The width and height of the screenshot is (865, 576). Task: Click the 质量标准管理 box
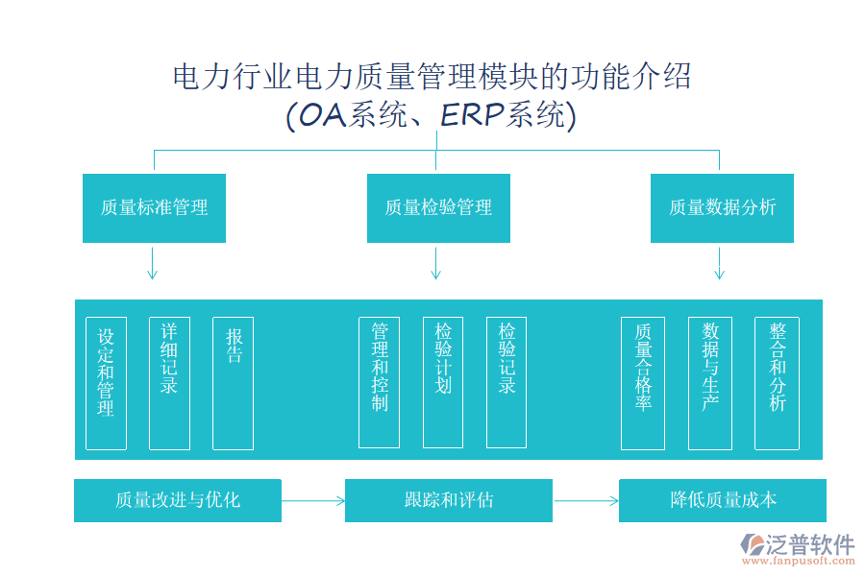pyautogui.click(x=154, y=207)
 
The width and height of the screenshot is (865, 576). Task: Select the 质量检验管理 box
pyautogui.click(x=438, y=207)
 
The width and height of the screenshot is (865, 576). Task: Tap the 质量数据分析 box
pyautogui.click(x=722, y=207)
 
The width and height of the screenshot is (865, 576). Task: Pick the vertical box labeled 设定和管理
pyautogui.click(x=106, y=383)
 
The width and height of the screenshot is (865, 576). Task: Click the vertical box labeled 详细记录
pyautogui.click(x=169, y=383)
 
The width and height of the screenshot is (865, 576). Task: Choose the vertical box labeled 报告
pyautogui.click(x=233, y=383)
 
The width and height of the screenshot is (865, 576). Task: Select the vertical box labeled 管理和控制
pyautogui.click(x=379, y=383)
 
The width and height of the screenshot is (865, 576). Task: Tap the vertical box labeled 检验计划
pyautogui.click(x=442, y=383)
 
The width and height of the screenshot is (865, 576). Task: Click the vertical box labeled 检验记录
pyautogui.click(x=507, y=383)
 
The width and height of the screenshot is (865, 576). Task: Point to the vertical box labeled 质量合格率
pyautogui.click(x=643, y=383)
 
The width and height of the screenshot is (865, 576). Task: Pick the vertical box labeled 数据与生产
pyautogui.click(x=710, y=383)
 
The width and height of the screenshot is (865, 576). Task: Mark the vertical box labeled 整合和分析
pyautogui.click(x=777, y=383)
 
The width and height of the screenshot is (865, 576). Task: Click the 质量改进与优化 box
pyautogui.click(x=178, y=500)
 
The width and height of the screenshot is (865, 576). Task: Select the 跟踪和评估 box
pyautogui.click(x=449, y=500)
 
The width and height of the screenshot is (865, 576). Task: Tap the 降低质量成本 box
pyautogui.click(x=723, y=500)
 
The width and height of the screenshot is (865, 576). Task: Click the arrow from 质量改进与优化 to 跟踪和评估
pyautogui.click(x=313, y=500)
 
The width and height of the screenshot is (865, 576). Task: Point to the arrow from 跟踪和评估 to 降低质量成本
pyautogui.click(x=586, y=500)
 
